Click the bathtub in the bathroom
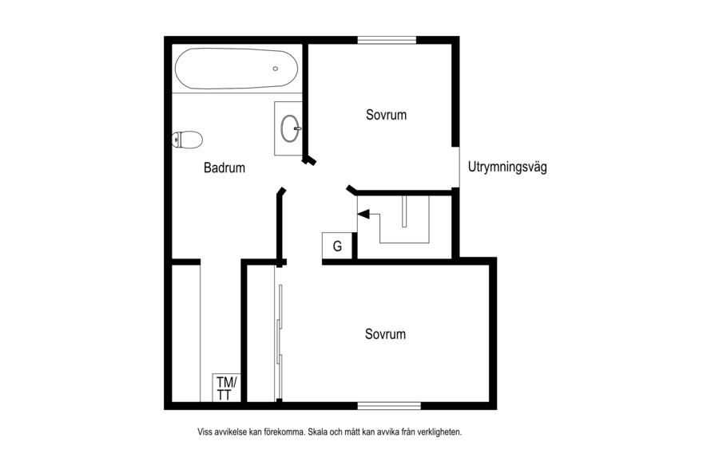(236, 69)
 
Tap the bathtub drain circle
(276, 69)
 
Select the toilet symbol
(187, 140)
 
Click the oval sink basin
(290, 128)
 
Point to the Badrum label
(224, 168)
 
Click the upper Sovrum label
(387, 115)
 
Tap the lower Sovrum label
(385, 334)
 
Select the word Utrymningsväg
(507, 167)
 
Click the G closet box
(337, 246)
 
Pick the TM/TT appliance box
(227, 388)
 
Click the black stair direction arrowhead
(363, 214)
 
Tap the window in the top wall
(387, 41)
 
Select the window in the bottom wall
(389, 405)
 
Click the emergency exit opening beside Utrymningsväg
(455, 167)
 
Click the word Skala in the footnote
(317, 432)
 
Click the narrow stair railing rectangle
(404, 211)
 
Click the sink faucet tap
(297, 128)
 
